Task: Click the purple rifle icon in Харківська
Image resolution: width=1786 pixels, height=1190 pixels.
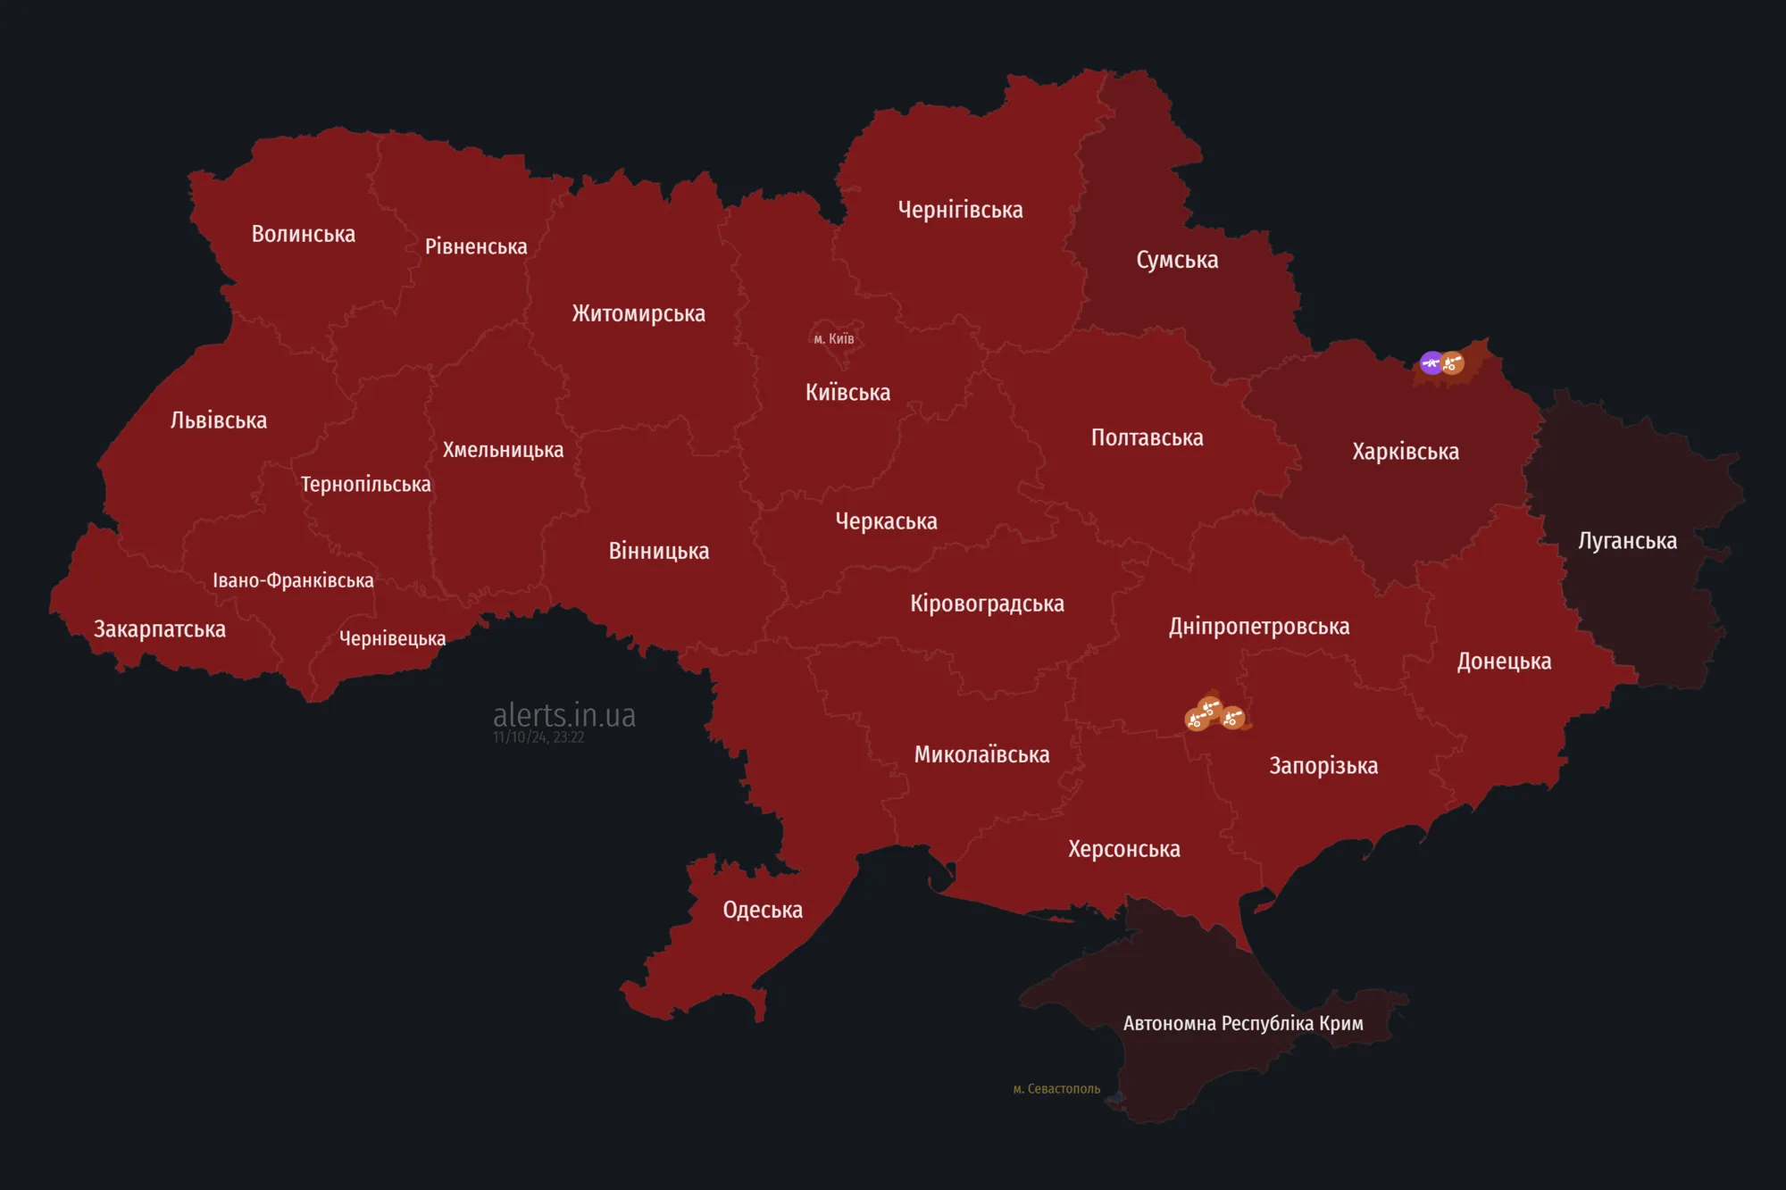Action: click(x=1431, y=362)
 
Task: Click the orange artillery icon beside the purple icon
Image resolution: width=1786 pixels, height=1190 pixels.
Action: click(x=1453, y=363)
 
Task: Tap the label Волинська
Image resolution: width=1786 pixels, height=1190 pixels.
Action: click(x=303, y=234)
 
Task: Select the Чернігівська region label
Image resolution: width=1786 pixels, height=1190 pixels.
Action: click(x=960, y=210)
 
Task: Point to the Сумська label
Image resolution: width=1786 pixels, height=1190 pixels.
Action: click(x=1176, y=260)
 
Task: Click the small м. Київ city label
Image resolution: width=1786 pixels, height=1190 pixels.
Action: click(x=833, y=338)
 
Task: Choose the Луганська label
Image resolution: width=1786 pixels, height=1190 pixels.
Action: click(x=1627, y=541)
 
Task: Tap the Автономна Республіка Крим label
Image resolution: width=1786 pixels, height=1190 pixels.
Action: click(x=1242, y=1023)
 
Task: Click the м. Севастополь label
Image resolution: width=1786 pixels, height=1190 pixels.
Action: click(x=1056, y=1088)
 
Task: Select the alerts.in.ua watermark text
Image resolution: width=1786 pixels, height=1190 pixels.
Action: click(x=563, y=714)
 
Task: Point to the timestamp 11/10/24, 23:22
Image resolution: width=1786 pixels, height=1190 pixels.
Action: click(x=538, y=737)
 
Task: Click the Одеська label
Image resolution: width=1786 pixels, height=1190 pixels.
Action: click(x=762, y=910)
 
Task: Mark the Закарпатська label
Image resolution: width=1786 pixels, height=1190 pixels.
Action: click(x=160, y=629)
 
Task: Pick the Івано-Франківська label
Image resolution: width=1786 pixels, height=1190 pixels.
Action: click(x=293, y=580)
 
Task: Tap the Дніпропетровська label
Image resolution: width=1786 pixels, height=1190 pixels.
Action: click(x=1258, y=627)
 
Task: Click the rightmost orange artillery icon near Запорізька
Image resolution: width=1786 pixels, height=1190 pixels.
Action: click(x=1233, y=718)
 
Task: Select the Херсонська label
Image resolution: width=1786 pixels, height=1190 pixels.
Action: click(x=1123, y=849)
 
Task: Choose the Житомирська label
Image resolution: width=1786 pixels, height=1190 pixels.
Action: click(x=638, y=313)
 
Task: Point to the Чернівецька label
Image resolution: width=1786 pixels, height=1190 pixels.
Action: click(x=392, y=638)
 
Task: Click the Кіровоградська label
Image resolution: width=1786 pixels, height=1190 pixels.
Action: click(x=987, y=603)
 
